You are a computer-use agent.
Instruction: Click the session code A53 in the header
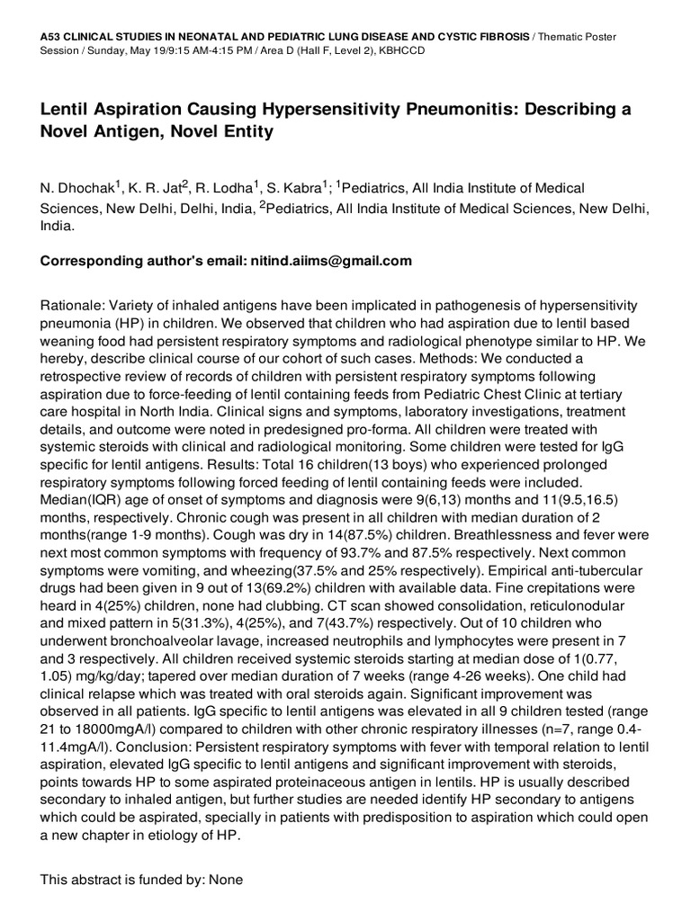click(x=50, y=33)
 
